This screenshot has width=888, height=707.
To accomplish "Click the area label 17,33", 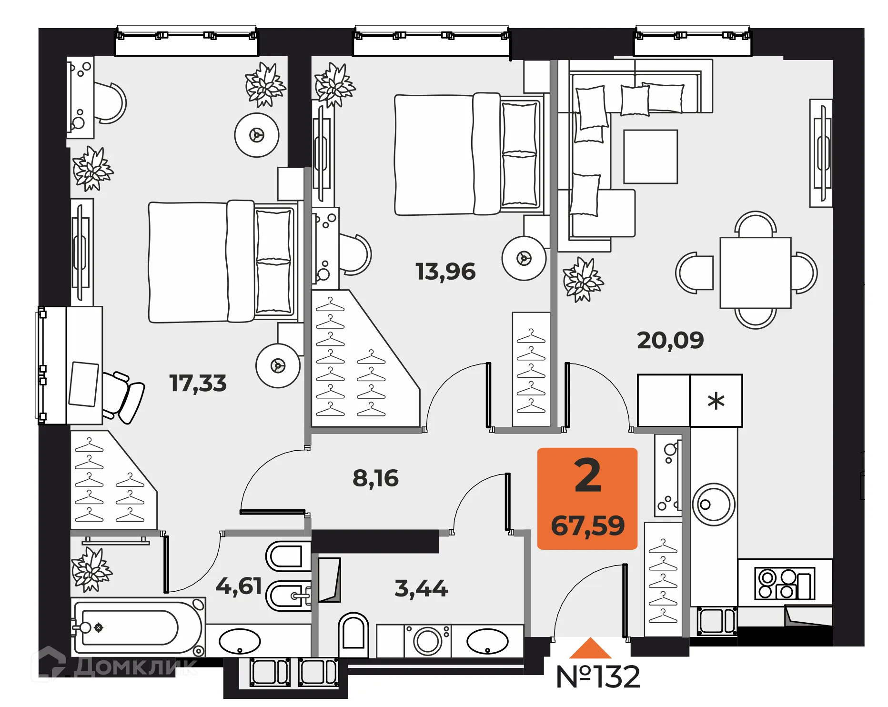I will [x=198, y=383].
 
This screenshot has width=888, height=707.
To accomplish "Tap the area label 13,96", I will [x=445, y=272].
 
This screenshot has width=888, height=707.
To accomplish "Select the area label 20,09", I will [x=670, y=340].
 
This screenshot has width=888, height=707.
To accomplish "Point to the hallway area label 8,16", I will [x=375, y=478].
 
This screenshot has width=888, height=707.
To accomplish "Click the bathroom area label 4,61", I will [x=239, y=586].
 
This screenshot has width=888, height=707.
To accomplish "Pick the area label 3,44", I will [x=421, y=588].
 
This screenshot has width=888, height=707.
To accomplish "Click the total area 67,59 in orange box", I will [x=587, y=525].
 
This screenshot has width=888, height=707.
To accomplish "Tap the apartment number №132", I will [x=598, y=677].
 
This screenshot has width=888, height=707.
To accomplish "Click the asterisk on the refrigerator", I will [x=716, y=401].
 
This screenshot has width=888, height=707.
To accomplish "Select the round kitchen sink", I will [x=713, y=505].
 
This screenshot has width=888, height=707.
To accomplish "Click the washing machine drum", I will [x=427, y=641].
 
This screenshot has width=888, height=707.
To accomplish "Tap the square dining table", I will [x=755, y=273].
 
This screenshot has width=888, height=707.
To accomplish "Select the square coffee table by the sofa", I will [x=650, y=157].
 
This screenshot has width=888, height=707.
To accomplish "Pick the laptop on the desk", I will [x=84, y=384].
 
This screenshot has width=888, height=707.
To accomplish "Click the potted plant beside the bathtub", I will [x=91, y=569].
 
